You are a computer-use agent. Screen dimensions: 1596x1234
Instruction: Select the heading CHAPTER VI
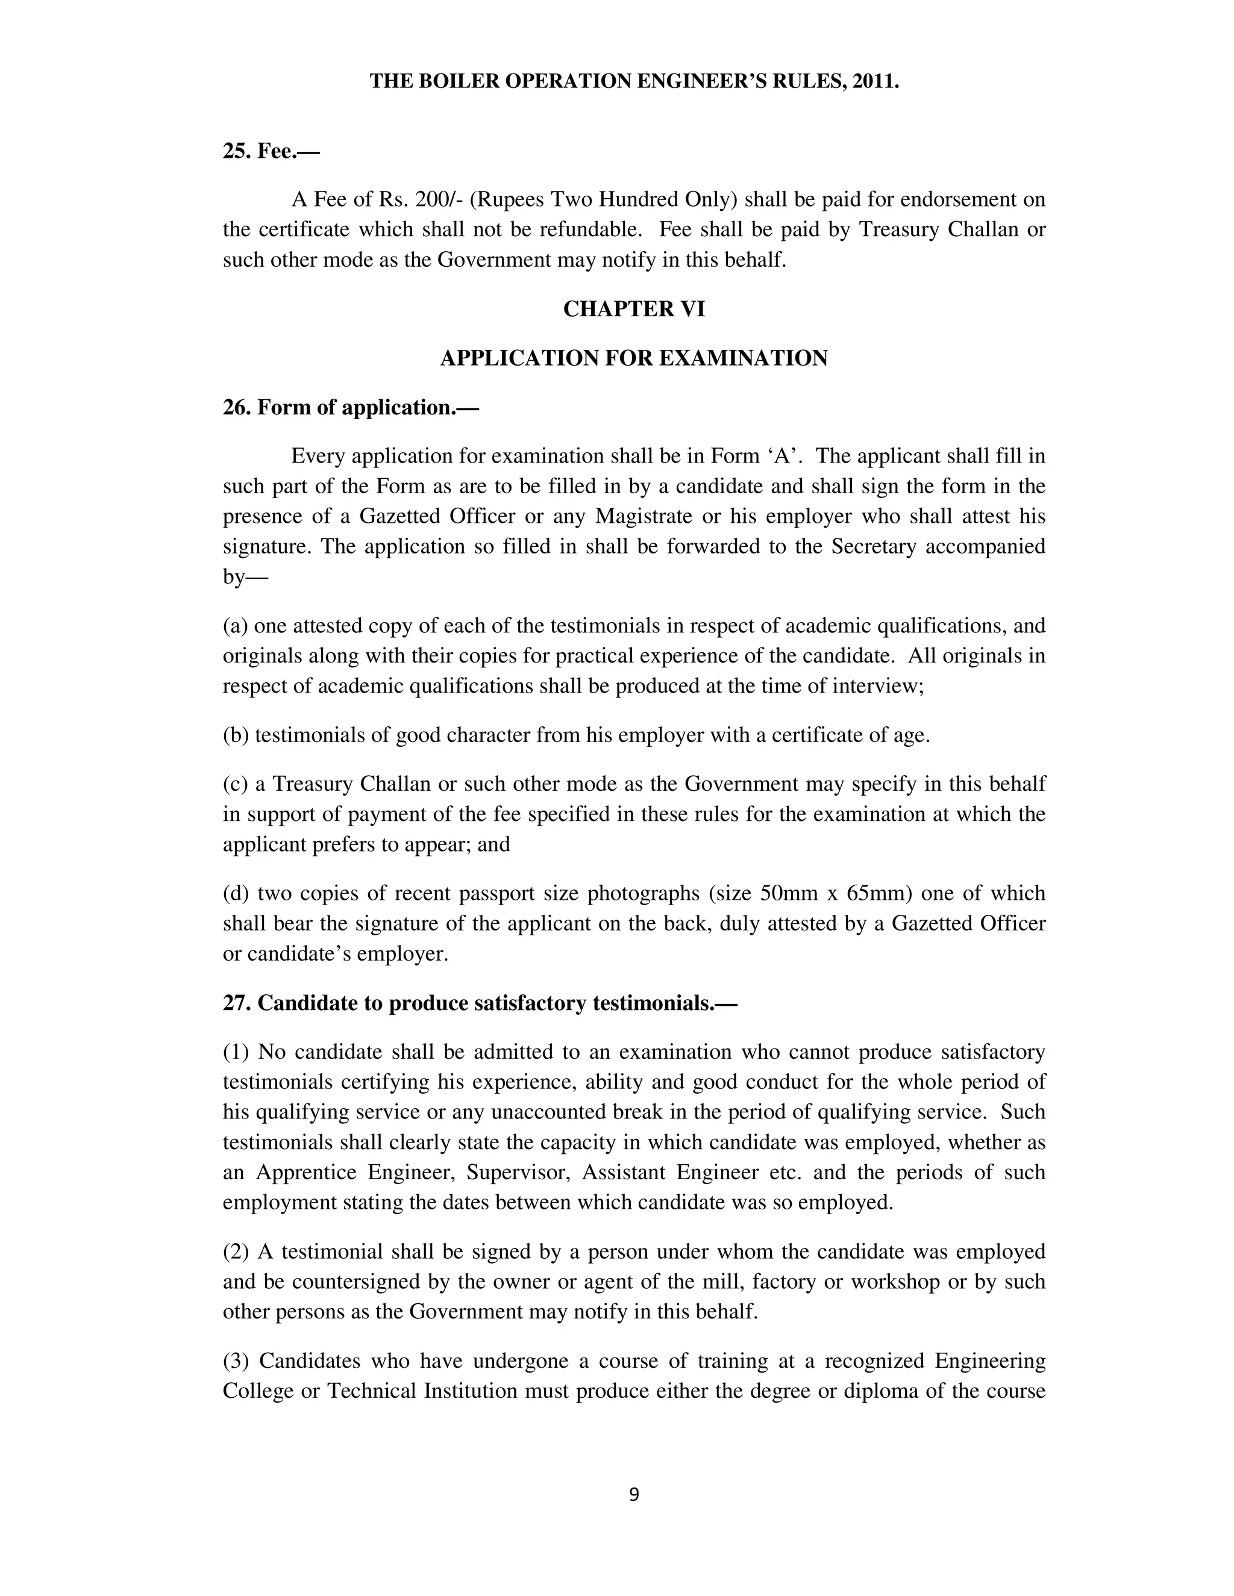(634, 309)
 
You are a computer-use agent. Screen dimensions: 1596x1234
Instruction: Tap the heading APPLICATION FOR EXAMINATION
(634, 358)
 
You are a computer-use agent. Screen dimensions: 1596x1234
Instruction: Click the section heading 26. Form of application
(350, 407)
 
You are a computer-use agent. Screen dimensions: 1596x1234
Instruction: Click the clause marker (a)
(236, 626)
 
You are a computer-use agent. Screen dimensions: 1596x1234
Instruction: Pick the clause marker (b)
(236, 735)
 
